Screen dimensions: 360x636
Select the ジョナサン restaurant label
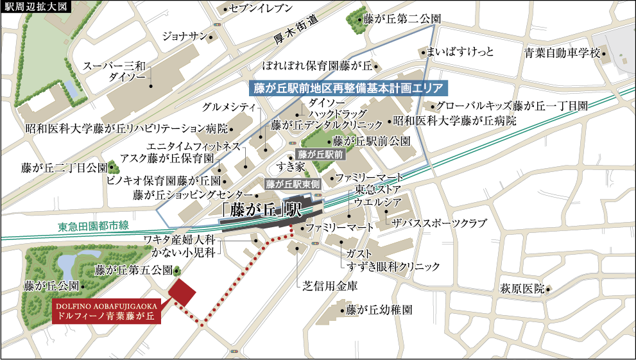[183, 35]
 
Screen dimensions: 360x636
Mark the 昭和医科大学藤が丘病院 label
[454, 121]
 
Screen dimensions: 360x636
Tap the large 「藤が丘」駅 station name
[261, 209]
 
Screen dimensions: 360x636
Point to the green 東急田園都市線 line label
[94, 226]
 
